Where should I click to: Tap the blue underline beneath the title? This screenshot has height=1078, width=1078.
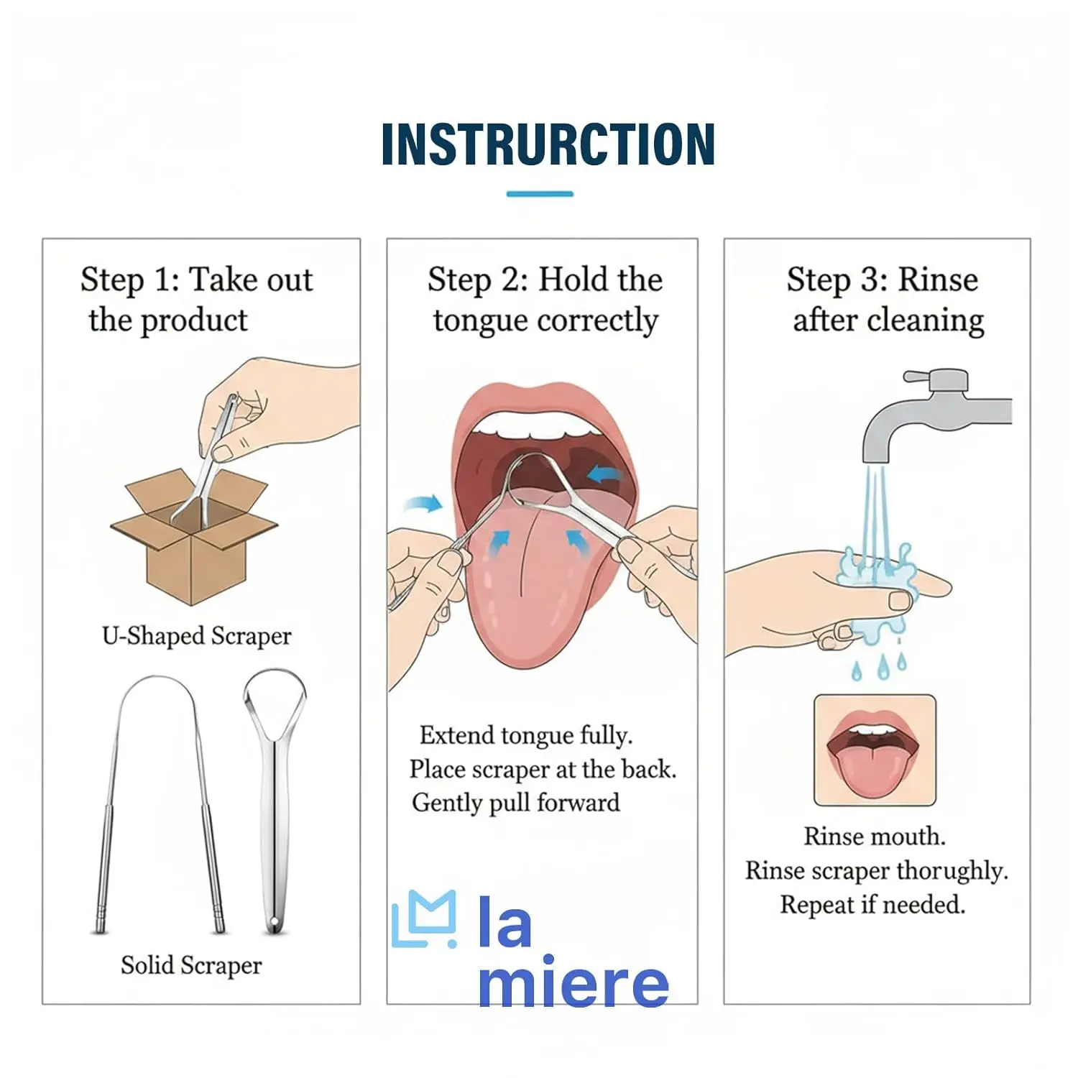(x=540, y=193)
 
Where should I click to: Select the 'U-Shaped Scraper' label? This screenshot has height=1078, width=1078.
(x=197, y=636)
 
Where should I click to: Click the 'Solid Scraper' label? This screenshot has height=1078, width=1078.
(x=191, y=965)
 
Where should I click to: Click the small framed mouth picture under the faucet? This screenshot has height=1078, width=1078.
(x=875, y=750)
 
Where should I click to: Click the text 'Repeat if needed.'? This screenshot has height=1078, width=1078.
(x=872, y=904)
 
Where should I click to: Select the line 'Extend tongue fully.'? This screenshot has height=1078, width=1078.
(x=526, y=735)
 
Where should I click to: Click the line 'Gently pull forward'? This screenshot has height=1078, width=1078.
(x=516, y=803)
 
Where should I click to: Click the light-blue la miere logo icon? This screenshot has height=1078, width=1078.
(x=425, y=920)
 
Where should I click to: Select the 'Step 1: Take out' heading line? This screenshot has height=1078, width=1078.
(x=196, y=280)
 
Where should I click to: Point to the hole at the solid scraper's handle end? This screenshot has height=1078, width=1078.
(x=274, y=922)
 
